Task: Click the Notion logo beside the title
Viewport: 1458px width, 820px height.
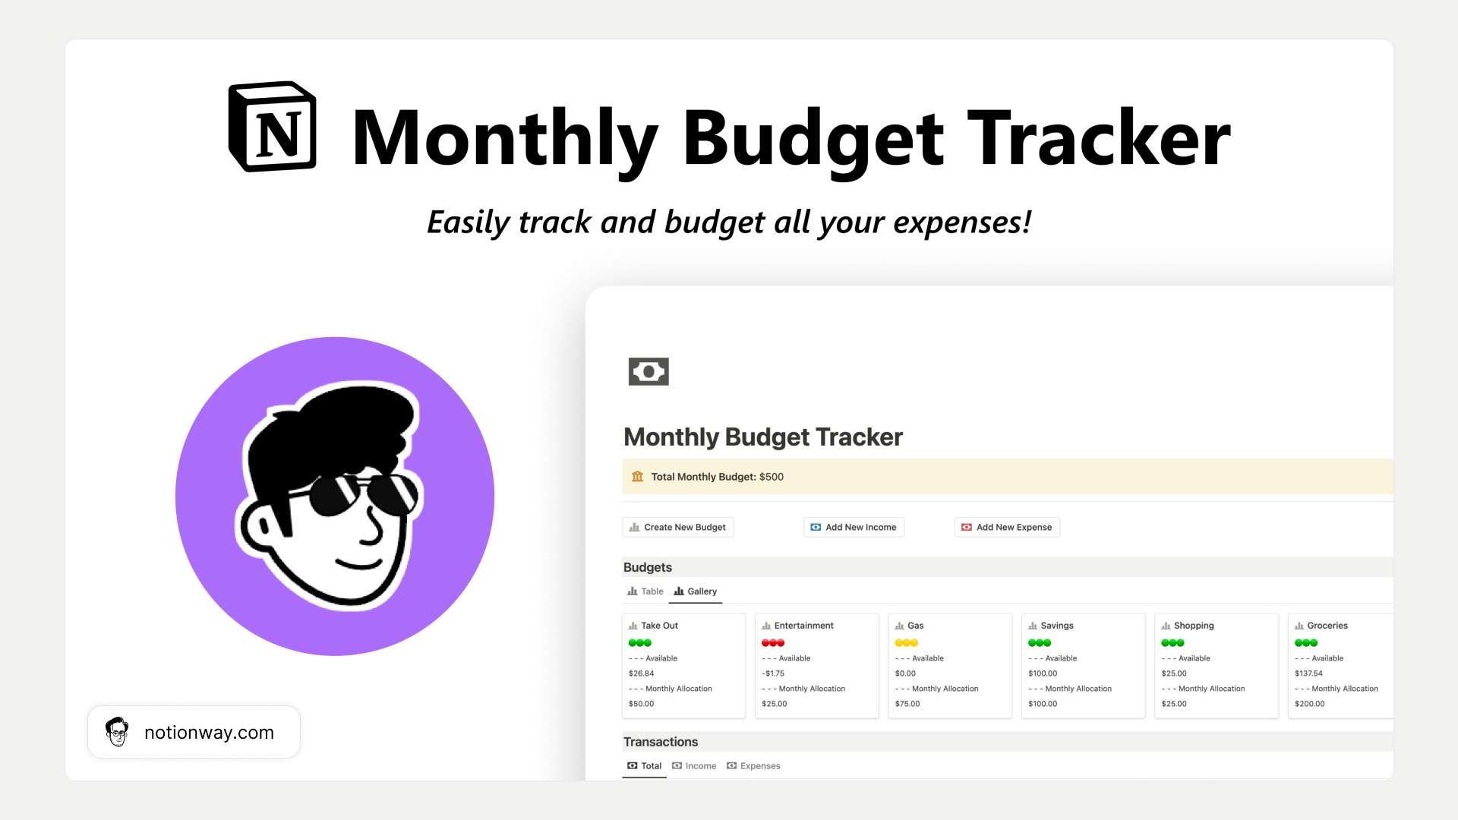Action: pyautogui.click(x=273, y=126)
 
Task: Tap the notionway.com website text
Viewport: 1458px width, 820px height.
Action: pyautogui.click(x=209, y=733)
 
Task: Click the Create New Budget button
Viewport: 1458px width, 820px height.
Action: pyautogui.click(x=677, y=527)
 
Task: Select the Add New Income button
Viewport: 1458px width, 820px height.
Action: pyautogui.click(x=854, y=527)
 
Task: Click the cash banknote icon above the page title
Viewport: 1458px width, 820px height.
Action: pyautogui.click(x=649, y=371)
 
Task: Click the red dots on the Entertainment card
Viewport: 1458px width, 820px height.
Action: pyautogui.click(x=773, y=642)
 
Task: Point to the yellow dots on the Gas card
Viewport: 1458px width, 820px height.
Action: pyautogui.click(x=906, y=642)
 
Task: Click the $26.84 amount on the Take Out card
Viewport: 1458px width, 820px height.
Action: pyautogui.click(x=641, y=673)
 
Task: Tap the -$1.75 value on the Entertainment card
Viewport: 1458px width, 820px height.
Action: pyautogui.click(x=773, y=673)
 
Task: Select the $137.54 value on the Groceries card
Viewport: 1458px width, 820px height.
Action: pyautogui.click(x=1308, y=673)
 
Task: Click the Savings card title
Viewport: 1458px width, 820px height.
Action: pyautogui.click(x=1056, y=626)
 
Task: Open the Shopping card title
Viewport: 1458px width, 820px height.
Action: pyautogui.click(x=1193, y=626)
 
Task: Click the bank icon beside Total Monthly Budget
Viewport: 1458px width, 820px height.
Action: pyautogui.click(x=637, y=477)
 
